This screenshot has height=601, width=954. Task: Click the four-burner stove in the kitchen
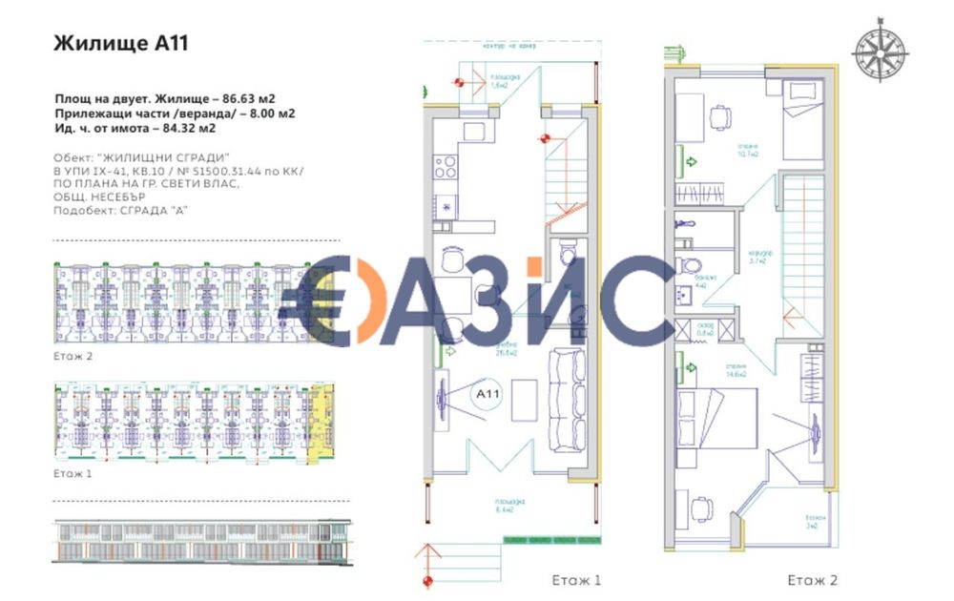pos(446,167)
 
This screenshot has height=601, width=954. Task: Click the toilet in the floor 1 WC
pos(567,253)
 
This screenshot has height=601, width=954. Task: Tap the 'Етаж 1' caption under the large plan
pos(576,580)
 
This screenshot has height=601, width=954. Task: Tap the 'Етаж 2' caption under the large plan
pos(813,580)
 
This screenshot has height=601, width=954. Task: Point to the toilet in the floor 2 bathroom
pos(686,264)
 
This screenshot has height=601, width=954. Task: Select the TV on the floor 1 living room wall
pos(442,398)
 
